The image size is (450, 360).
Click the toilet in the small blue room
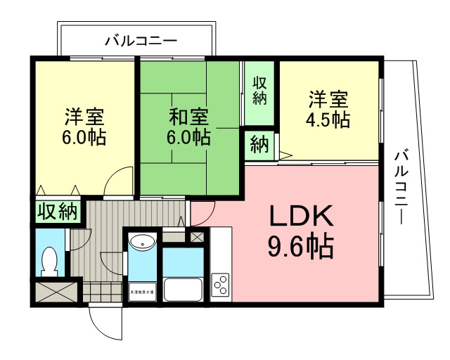click(x=49, y=261)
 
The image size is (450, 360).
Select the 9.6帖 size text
click(x=300, y=246)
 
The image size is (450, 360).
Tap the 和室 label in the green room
click(x=188, y=114)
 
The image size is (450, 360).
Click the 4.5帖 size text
click(x=327, y=119)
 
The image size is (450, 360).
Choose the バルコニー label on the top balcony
click(x=141, y=40)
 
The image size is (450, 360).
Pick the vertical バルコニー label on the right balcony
click(x=401, y=186)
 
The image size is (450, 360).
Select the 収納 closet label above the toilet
click(x=58, y=212)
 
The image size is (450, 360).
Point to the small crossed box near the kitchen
click(x=198, y=237)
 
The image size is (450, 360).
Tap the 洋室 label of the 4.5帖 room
click(x=327, y=98)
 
